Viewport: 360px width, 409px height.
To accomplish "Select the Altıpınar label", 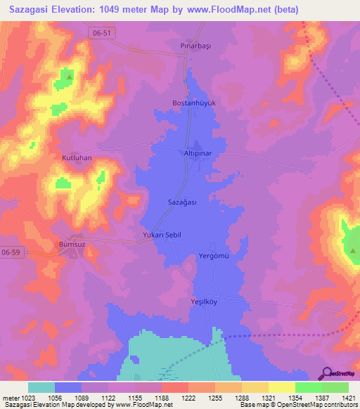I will [x=198, y=152].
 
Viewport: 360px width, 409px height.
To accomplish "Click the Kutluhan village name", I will [x=77, y=158].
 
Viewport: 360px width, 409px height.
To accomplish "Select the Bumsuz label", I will [x=71, y=245].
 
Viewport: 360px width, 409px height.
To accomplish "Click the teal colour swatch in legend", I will [x=41, y=387].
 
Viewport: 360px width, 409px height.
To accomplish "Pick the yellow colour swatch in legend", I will [x=255, y=387].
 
